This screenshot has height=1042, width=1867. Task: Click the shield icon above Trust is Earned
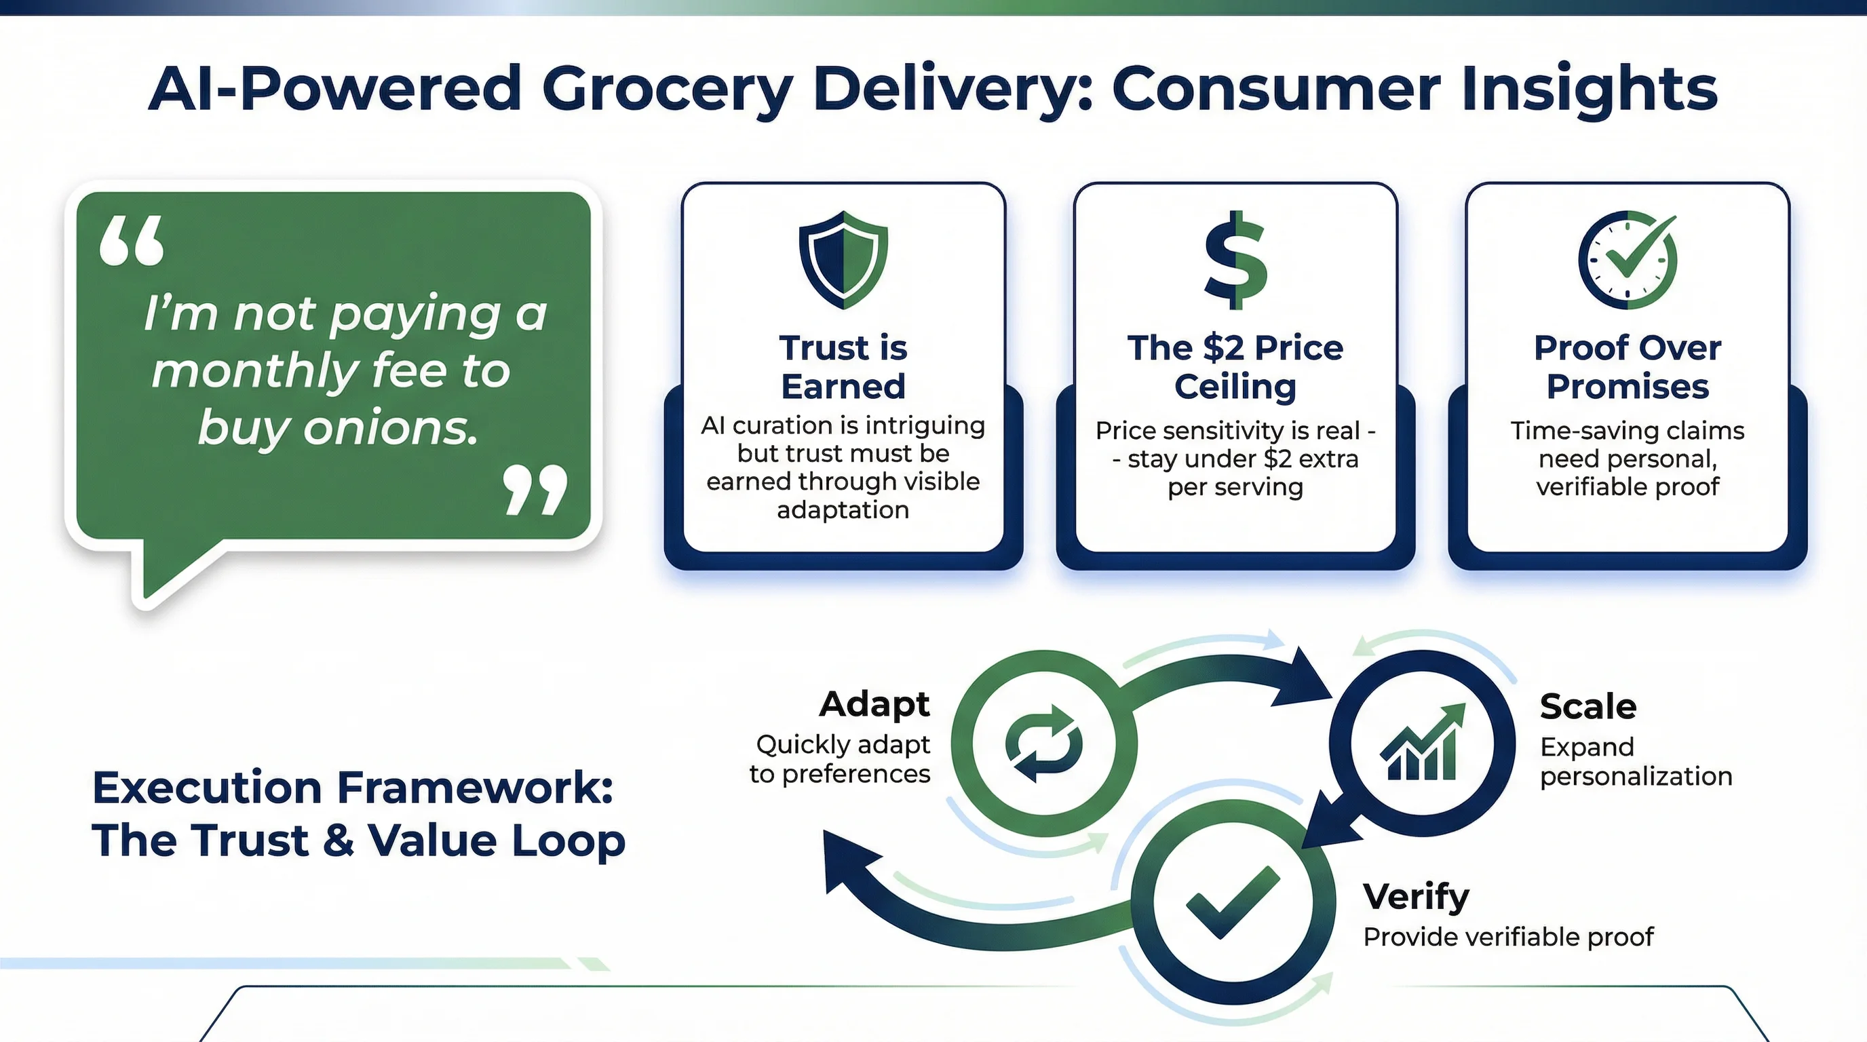click(x=843, y=259)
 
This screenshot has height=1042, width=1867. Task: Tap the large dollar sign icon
click(x=1235, y=259)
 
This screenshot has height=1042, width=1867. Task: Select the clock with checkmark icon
click(x=1627, y=259)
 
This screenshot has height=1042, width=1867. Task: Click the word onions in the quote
click(x=391, y=427)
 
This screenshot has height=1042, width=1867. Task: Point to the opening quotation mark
click(x=132, y=242)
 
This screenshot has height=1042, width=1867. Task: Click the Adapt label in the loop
click(x=874, y=704)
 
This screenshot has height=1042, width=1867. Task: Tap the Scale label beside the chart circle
click(x=1588, y=706)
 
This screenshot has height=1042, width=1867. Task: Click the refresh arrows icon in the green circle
click(x=1043, y=744)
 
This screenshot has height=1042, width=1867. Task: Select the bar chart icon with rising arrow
click(x=1422, y=744)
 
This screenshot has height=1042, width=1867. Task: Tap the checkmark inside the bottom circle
click(x=1233, y=902)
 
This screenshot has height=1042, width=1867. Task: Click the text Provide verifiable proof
click(x=1508, y=937)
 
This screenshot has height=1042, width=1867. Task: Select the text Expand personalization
click(x=1636, y=762)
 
